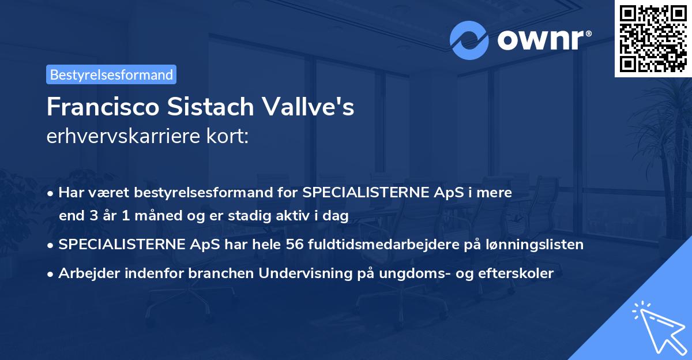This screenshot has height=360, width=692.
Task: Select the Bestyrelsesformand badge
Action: pos(111,74)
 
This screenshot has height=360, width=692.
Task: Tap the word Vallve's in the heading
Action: pos(316,107)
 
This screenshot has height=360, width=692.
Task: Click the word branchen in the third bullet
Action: pos(224,273)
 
